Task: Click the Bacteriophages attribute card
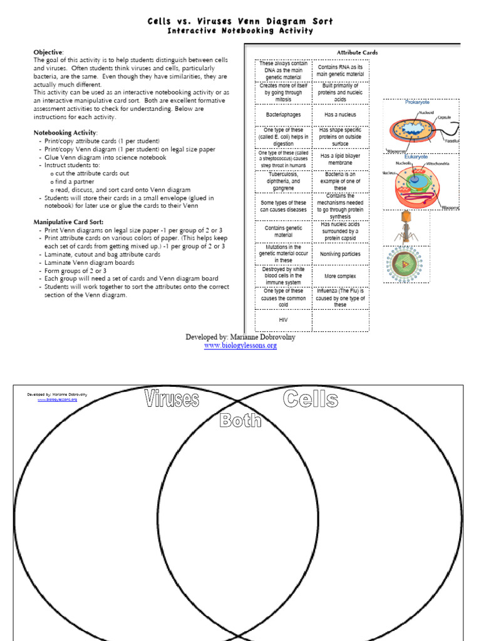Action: pyautogui.click(x=283, y=115)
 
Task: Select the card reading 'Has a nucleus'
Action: pyautogui.click(x=340, y=115)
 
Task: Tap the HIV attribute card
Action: pyautogui.click(x=283, y=319)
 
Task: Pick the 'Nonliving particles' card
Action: pyautogui.click(x=340, y=254)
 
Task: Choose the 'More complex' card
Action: pyautogui.click(x=340, y=276)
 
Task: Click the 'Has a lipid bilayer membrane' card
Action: pyautogui.click(x=340, y=160)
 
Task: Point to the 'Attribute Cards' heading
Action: pyautogui.click(x=357, y=53)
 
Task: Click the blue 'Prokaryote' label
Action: pyautogui.click(x=417, y=101)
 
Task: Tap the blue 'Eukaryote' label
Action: pyautogui.click(x=416, y=156)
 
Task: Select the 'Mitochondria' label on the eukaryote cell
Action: pyautogui.click(x=438, y=163)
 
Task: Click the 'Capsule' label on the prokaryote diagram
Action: pyautogui.click(x=444, y=117)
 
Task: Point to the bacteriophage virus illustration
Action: pyautogui.click(x=406, y=227)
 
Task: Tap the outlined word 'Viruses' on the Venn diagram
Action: pyautogui.click(x=171, y=399)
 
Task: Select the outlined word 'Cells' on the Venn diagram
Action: pyautogui.click(x=311, y=399)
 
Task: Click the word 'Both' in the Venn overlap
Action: pyautogui.click(x=240, y=421)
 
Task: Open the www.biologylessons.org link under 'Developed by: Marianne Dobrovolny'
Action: pyautogui.click(x=240, y=346)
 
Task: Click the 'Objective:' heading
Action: pyautogui.click(x=48, y=52)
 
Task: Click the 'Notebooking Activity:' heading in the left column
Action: pyautogui.click(x=65, y=133)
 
